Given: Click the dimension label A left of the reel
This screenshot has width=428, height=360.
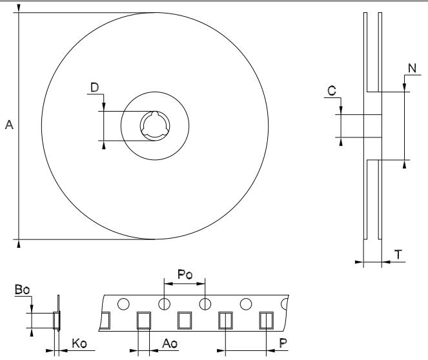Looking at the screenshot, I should point(9,125).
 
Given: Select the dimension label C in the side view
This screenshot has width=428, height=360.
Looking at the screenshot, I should point(331,92).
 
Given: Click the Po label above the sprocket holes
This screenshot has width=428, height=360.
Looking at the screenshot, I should point(185,274).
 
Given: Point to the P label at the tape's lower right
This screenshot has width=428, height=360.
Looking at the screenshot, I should point(283,343).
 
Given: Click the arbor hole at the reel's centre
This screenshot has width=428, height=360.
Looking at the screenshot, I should point(154,125).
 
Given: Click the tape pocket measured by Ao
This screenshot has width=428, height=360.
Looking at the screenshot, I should point(144,320).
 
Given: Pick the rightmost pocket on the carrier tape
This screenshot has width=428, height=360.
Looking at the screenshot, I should point(266,320).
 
